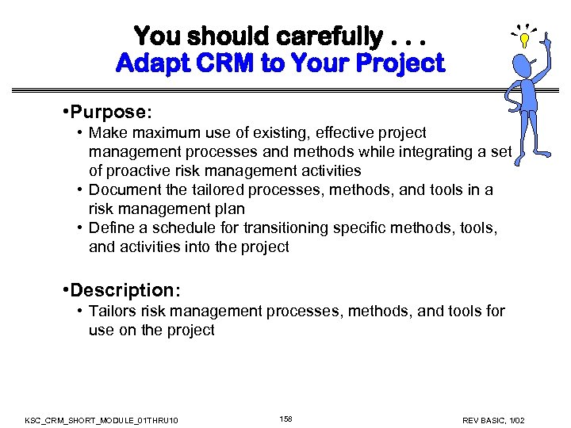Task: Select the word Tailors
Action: coord(112,311)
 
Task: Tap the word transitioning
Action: coord(288,227)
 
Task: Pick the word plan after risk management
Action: coord(231,208)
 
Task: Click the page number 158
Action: coord(285,418)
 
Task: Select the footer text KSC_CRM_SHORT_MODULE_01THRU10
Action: coord(102,419)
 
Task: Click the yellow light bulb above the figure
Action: coord(523,39)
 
